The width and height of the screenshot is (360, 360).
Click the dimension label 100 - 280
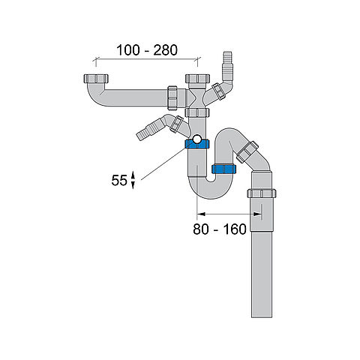(147, 50)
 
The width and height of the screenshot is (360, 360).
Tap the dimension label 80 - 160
(220, 229)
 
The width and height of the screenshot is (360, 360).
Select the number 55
(119, 180)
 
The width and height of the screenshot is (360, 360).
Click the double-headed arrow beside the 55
(133, 180)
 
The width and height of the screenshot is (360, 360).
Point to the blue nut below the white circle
(197, 145)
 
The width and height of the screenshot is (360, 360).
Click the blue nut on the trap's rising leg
(223, 169)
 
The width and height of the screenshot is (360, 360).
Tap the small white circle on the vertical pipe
(197, 139)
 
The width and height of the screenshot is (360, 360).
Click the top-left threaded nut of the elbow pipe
(96, 79)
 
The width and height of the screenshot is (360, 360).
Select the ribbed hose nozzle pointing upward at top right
(228, 65)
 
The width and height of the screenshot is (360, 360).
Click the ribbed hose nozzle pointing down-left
(148, 131)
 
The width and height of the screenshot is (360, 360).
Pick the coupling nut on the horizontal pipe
(172, 97)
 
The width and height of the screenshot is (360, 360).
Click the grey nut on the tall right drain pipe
(262, 193)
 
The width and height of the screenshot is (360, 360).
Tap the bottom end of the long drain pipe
(262, 317)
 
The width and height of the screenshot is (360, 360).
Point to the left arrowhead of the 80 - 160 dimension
(201, 214)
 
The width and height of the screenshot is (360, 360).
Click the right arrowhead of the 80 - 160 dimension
(257, 214)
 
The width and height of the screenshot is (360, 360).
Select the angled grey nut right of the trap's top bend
(247, 151)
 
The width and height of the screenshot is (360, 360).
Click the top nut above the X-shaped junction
(197, 79)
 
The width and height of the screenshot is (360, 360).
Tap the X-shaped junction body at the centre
(197, 97)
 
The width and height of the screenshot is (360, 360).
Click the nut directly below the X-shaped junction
(197, 112)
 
